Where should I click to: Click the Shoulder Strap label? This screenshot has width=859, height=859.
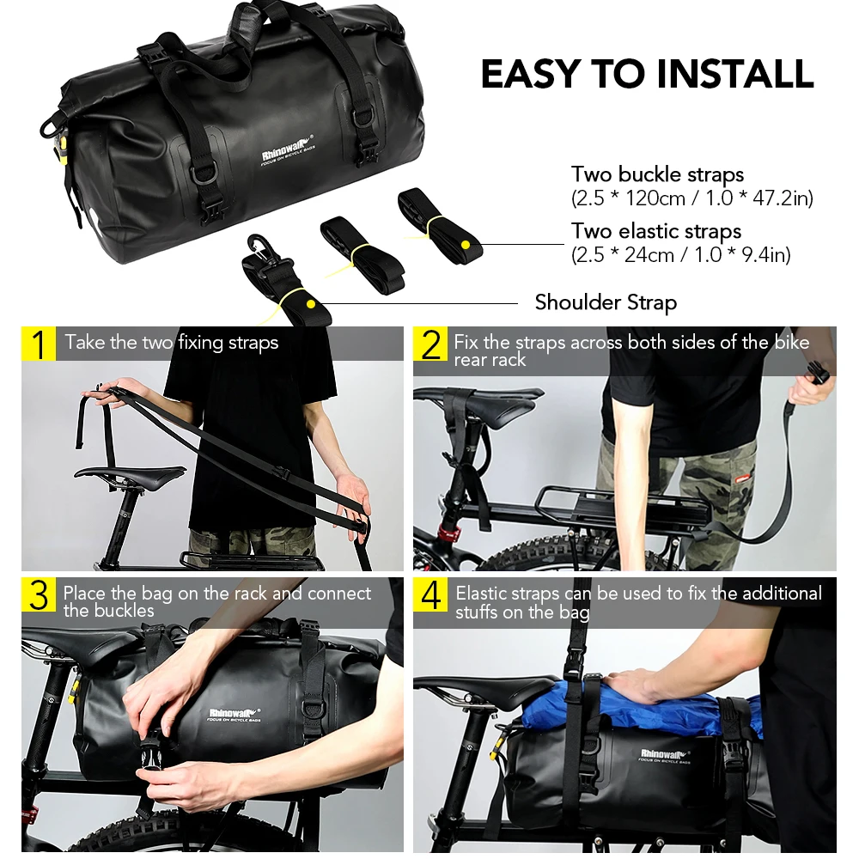606,302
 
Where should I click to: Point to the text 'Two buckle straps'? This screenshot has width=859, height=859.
657,174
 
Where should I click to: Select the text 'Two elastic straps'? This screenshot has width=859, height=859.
656,231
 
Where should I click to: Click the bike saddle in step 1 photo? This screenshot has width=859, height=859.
129,473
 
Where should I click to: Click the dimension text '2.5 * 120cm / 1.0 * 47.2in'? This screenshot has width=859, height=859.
691,198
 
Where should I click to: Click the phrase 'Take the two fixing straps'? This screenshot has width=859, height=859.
172,343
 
